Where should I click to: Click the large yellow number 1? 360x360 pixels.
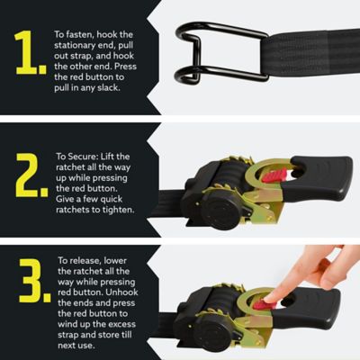30,53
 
